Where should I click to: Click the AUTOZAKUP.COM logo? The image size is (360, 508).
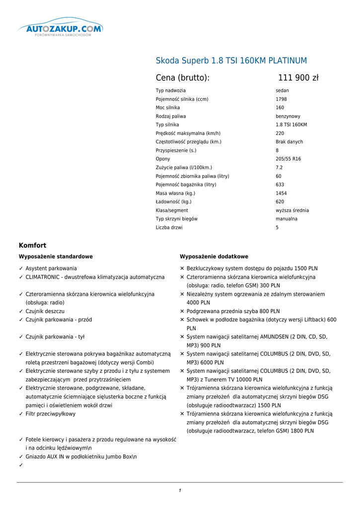61,29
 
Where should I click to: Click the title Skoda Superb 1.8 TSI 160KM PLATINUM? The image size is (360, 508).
231,61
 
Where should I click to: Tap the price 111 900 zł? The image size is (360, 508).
298,78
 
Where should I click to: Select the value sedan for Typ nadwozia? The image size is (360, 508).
282,91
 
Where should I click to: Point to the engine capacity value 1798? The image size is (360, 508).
281,99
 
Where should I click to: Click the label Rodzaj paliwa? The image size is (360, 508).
171,117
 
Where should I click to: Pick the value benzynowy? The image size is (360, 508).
288,117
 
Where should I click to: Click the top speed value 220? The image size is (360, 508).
280,133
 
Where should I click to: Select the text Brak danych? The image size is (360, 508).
289,142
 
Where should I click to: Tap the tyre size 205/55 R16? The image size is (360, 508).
288,159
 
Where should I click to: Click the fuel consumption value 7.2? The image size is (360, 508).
279,168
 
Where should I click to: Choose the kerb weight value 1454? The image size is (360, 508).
281,193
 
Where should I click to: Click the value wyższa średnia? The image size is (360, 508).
292,210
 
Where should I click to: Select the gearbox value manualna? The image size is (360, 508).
287,219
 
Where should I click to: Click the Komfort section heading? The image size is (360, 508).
32,246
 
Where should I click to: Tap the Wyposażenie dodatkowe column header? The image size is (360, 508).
214,257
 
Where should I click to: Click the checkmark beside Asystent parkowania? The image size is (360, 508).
21,268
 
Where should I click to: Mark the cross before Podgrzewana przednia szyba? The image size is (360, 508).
182,312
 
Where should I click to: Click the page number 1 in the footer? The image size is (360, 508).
180,491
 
